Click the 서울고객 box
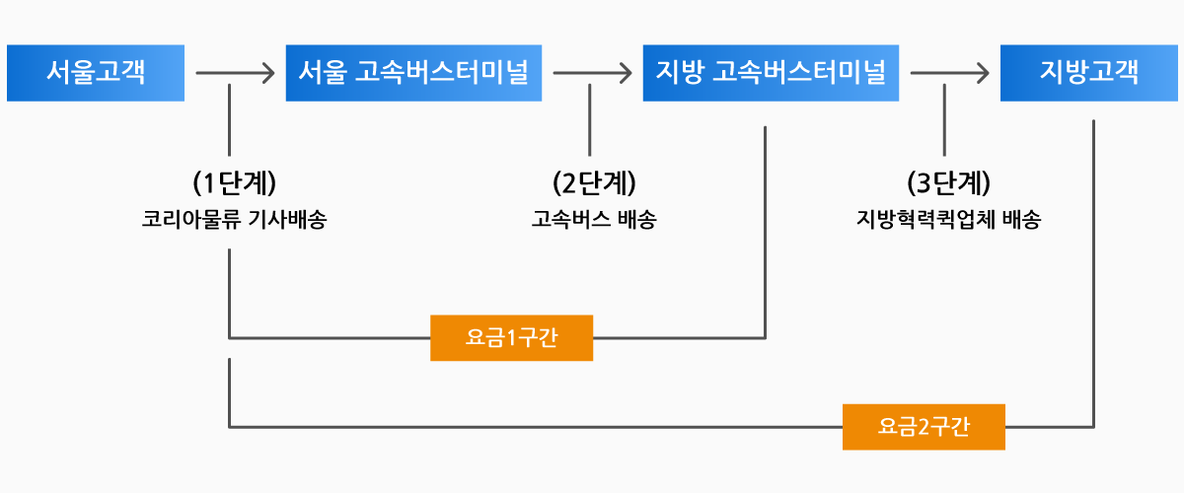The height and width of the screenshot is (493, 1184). pyautogui.click(x=96, y=73)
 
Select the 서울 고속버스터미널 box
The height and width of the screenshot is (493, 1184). pyautogui.click(x=413, y=73)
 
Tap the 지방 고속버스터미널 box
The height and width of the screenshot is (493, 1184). pyautogui.click(x=771, y=73)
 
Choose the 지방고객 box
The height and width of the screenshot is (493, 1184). pyautogui.click(x=1089, y=73)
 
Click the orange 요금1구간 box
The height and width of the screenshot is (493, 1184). pyautogui.click(x=512, y=338)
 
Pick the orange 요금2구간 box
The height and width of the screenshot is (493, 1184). pyautogui.click(x=924, y=427)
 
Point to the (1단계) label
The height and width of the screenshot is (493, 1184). pyautogui.click(x=235, y=182)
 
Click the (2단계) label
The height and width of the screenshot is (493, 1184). pyautogui.click(x=594, y=182)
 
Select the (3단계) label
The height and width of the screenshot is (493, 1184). pyautogui.click(x=949, y=182)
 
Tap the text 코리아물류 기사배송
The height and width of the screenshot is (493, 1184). pyautogui.click(x=234, y=219)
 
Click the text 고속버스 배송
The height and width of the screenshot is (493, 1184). pyautogui.click(x=594, y=219)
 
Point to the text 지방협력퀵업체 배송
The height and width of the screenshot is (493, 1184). pyautogui.click(x=949, y=219)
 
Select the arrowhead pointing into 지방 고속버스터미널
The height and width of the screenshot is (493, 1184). pyautogui.click(x=627, y=73)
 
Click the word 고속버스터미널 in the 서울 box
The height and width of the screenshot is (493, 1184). pyautogui.click(x=442, y=72)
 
